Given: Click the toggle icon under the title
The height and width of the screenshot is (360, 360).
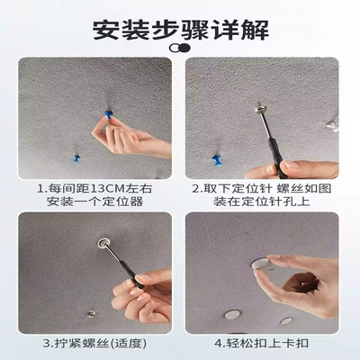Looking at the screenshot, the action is click(180, 48).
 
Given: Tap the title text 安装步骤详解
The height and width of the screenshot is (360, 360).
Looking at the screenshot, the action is click(180, 31).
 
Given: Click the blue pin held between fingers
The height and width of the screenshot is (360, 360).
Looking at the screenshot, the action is click(108, 116).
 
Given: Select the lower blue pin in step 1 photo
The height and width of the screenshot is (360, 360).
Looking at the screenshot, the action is click(76, 158).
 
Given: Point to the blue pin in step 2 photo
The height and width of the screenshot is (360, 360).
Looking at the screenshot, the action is click(217, 160).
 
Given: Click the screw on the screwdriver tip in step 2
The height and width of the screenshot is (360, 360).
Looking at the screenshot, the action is click(259, 108).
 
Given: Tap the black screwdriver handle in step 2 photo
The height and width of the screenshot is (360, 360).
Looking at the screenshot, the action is click(275, 155).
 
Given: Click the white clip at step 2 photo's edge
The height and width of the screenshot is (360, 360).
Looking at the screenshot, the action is click(333, 126).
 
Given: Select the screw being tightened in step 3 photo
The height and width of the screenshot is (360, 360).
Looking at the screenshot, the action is click(103, 243).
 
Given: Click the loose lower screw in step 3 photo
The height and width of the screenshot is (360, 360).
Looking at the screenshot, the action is click(90, 314).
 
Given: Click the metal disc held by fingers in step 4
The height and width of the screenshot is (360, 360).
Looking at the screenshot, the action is click(261, 264).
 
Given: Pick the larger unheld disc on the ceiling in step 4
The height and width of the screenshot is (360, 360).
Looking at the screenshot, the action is click(232, 314).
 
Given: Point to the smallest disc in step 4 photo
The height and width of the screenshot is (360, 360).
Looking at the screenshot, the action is click(286, 320).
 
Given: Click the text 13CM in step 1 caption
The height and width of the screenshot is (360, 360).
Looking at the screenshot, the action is click(108, 189).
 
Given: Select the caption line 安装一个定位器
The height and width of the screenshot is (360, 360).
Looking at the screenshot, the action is click(94, 202).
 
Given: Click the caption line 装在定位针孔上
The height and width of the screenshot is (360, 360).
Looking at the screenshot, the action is click(262, 202).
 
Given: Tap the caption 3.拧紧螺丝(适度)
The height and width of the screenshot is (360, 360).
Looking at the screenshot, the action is click(95, 344).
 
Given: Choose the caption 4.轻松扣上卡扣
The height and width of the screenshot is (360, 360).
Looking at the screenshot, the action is click(262, 344).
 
